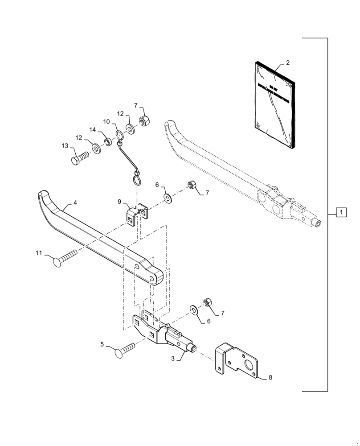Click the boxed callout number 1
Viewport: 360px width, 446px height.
pos(340,212)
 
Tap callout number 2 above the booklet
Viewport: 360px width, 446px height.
pos(287,62)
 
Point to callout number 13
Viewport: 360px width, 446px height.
pos(65,146)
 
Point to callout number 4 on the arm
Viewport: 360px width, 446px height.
pos(75,203)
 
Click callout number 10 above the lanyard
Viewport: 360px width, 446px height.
pos(107,121)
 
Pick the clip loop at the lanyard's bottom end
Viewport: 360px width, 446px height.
pos(137,179)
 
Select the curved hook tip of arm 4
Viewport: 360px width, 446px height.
pos(43,196)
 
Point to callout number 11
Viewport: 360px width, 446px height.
pos(39,253)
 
